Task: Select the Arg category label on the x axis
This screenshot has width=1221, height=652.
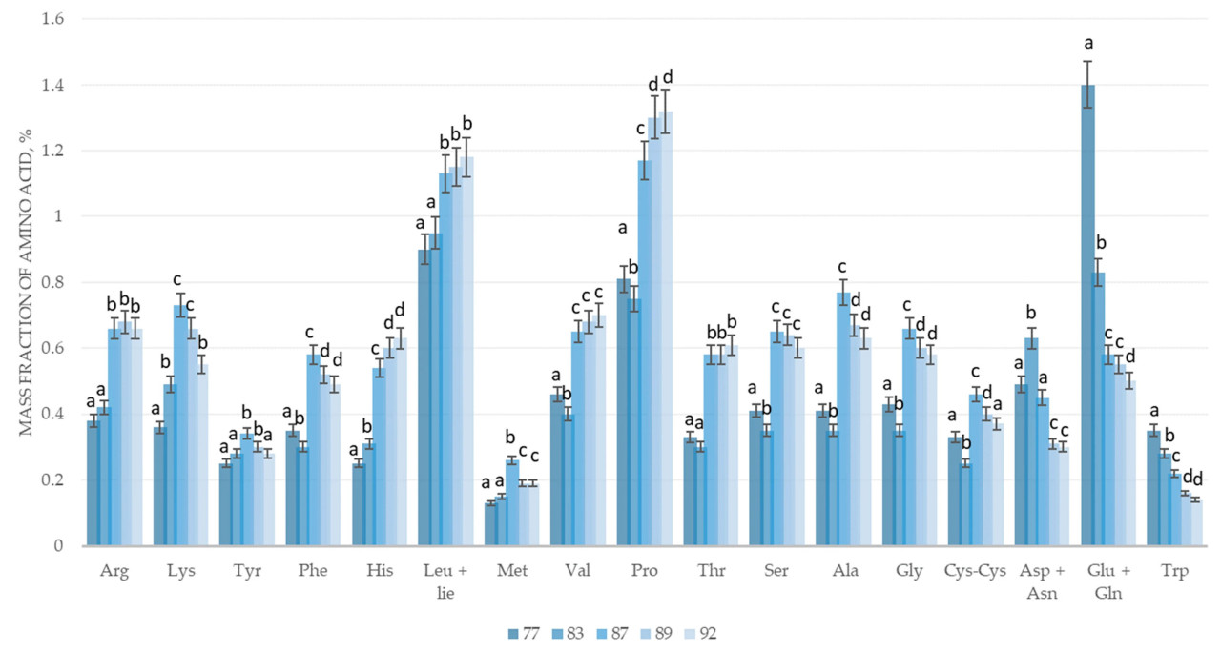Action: click(x=114, y=571)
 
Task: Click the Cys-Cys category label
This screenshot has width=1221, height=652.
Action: click(x=974, y=571)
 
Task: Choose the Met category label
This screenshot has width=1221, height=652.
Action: click(x=511, y=571)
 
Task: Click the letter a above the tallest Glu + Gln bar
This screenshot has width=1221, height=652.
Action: click(x=1087, y=43)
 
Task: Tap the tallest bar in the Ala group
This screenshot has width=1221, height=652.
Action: click(x=843, y=419)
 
